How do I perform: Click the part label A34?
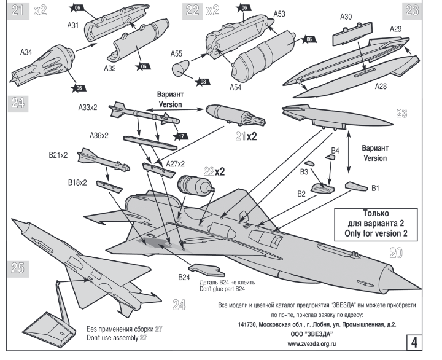pyautogui.click(x=25, y=53)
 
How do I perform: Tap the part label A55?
pyautogui.click(x=178, y=53)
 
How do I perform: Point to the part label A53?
pyautogui.click(x=279, y=13)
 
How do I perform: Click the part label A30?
pyautogui.click(x=346, y=17)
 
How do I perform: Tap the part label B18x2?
pyautogui.click(x=77, y=182)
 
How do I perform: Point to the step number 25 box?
pyautogui.click(x=18, y=267)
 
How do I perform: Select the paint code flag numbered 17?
pyautogui.click(x=180, y=136)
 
